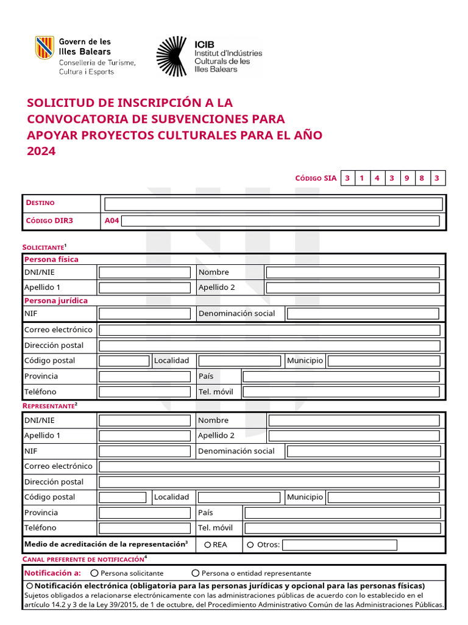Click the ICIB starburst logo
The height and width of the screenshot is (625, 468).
click(x=172, y=56)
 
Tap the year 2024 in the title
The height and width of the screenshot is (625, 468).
click(x=41, y=151)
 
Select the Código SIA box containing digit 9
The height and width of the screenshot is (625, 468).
click(x=406, y=178)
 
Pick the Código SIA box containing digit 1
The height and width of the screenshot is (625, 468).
click(x=361, y=178)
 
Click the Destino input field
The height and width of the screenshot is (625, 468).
click(x=274, y=204)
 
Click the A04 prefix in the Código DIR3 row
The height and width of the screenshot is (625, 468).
click(x=112, y=221)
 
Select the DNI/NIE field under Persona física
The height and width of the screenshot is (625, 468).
click(x=144, y=272)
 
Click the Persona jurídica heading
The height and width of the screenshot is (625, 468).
click(x=55, y=300)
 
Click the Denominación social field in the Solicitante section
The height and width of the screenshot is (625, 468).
click(x=363, y=314)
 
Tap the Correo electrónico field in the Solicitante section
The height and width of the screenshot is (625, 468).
click(x=269, y=330)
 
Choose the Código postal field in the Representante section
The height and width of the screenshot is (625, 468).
click(x=122, y=497)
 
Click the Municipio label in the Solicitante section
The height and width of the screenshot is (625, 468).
click(x=305, y=361)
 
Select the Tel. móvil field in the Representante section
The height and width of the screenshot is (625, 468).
click(x=342, y=528)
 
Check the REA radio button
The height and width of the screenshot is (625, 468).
click(x=208, y=544)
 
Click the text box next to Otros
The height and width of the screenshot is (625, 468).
click(x=339, y=544)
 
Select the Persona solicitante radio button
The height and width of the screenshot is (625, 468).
click(x=94, y=573)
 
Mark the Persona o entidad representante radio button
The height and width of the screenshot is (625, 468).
click(x=196, y=573)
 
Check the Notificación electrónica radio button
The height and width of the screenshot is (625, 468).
click(x=29, y=586)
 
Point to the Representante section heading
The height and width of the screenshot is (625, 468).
click(x=49, y=405)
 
